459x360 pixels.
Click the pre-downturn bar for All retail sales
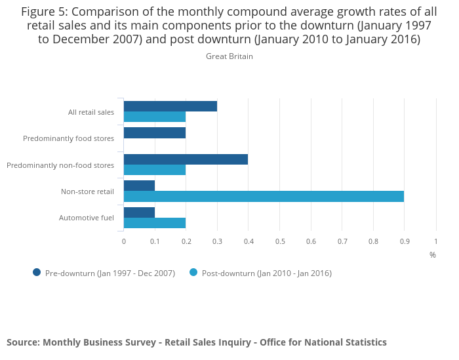(170, 106)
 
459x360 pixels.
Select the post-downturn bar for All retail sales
(155, 117)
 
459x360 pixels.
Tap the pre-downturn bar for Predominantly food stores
(155, 133)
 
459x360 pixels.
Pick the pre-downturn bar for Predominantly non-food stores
(186, 159)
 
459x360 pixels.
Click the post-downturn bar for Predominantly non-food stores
(155, 170)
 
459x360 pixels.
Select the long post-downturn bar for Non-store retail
(264, 196)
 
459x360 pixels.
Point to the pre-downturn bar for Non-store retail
(139, 186)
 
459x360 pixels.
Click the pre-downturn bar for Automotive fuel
(139, 212)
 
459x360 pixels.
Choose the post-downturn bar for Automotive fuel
(155, 223)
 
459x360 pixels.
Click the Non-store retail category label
(87, 191)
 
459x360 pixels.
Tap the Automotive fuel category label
(87, 218)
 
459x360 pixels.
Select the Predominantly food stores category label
(68, 138)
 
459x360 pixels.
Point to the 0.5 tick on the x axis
(280, 242)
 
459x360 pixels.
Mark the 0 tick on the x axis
(124, 242)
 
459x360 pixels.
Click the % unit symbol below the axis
(432, 254)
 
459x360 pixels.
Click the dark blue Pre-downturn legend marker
(37, 273)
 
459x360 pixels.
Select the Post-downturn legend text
(266, 273)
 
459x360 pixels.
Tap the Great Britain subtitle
(229, 56)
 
